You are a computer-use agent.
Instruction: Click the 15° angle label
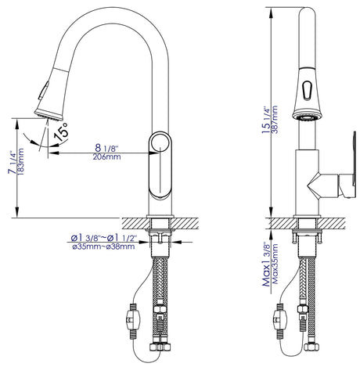(x=61, y=131)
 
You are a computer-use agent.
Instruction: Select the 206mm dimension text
(x=106, y=157)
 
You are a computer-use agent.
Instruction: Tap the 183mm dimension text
(x=20, y=161)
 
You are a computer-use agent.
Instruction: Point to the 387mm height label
(x=275, y=119)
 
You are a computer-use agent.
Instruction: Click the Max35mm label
(x=275, y=264)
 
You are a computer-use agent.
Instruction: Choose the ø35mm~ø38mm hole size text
(x=103, y=246)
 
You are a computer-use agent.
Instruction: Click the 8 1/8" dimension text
(x=106, y=148)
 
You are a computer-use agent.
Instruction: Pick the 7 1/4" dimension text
(x=12, y=162)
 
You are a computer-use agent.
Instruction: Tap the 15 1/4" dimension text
(x=266, y=120)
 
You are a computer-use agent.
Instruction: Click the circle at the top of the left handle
(x=160, y=143)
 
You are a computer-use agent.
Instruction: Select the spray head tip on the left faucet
(x=49, y=115)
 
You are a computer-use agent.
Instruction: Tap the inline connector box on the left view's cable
(x=133, y=318)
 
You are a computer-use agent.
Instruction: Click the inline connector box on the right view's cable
(x=280, y=318)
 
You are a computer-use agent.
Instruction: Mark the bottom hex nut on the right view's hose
(x=311, y=347)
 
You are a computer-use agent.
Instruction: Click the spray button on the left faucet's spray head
(x=43, y=91)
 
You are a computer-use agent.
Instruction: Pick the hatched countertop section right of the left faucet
(x=185, y=224)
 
